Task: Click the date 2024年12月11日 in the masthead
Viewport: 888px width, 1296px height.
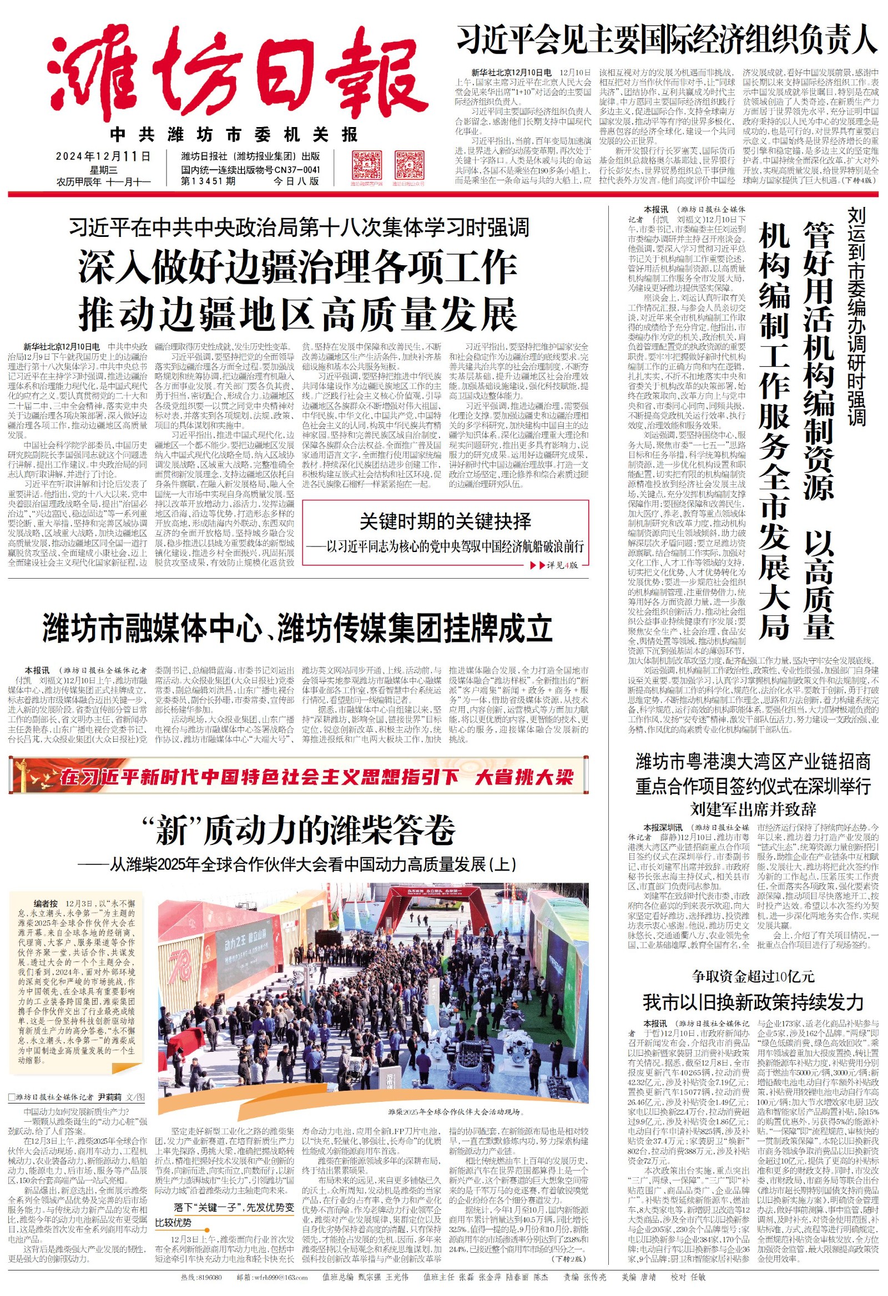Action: tap(103, 156)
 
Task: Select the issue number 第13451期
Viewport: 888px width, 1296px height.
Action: tap(208, 181)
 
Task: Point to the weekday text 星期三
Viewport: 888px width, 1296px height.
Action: tap(103, 170)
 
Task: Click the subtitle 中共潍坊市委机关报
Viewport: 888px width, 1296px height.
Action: tap(234, 134)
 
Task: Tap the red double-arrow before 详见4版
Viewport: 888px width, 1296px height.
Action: tap(537, 565)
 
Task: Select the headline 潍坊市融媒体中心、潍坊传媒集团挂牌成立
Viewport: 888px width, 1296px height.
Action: tap(297, 629)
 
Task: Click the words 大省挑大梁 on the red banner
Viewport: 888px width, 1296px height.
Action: tap(524, 777)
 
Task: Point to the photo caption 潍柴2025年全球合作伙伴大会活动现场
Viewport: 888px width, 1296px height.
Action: tap(455, 1111)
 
